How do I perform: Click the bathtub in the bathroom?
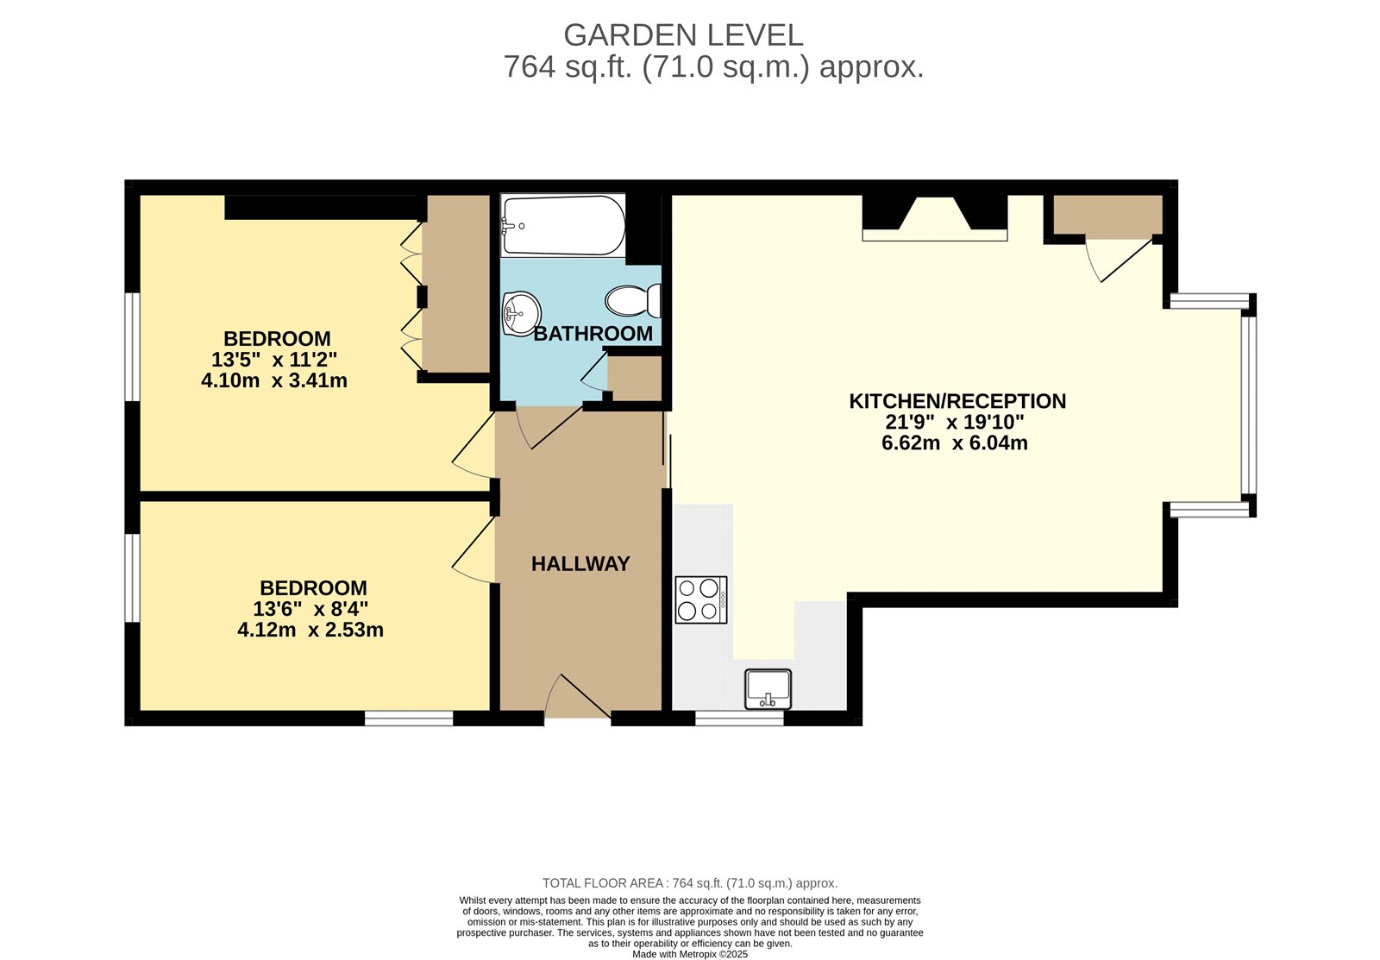tap(562, 225)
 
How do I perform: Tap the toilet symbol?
tap(632, 301)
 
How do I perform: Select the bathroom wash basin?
tap(521, 312)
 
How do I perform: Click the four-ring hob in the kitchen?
tap(701, 599)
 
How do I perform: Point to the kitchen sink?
tap(768, 688)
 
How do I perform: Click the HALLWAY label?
tap(580, 564)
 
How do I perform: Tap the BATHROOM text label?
tap(593, 334)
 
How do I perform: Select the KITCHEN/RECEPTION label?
tap(957, 401)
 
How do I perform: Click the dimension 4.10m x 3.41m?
tap(274, 380)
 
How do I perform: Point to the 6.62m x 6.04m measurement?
tap(954, 443)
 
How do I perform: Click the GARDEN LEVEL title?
tap(683, 35)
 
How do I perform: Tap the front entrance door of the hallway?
tap(578, 697)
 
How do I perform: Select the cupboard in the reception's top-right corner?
tap(1107, 216)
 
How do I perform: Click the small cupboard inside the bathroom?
tap(635, 377)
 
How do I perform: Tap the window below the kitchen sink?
tap(739, 718)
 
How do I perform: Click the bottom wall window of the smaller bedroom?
tap(409, 718)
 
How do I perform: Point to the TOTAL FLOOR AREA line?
tap(689, 883)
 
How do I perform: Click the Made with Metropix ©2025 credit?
tap(689, 954)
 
